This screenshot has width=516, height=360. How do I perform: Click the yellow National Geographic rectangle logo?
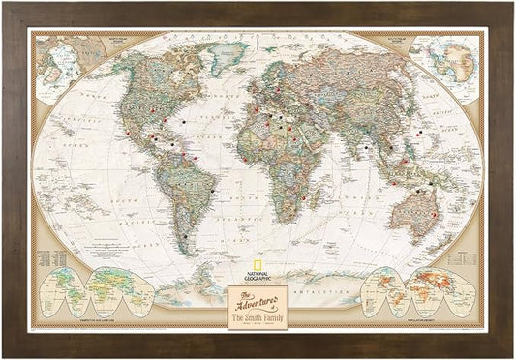[x=257, y=267]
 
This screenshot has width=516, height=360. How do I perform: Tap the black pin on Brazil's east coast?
[x=210, y=191]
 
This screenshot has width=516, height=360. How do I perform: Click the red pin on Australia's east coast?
[x=435, y=214]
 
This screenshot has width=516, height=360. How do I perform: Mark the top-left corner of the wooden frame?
[x=6, y=6]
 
